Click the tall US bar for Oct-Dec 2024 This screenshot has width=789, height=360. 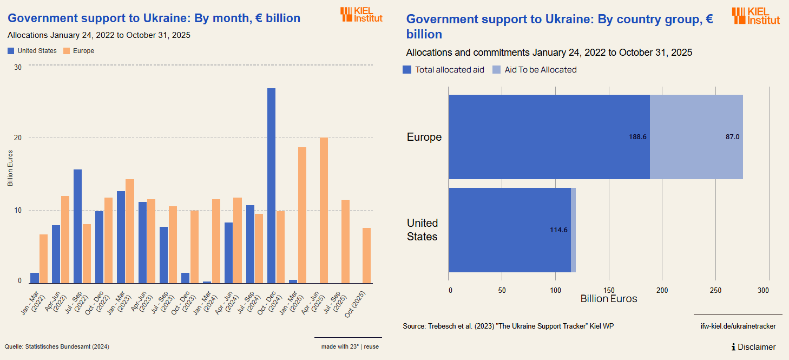pyautogui.click(x=271, y=185)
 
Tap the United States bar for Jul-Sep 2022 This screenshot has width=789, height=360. pyautogui.click(x=77, y=226)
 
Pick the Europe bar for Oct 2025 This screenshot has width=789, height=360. pyautogui.click(x=366, y=255)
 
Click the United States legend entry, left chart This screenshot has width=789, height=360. pyautogui.click(x=32, y=51)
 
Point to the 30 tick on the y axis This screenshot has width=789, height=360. pyautogui.click(x=18, y=67)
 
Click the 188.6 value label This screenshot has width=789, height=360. pyautogui.click(x=637, y=137)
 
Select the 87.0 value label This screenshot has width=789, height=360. pyautogui.click(x=732, y=137)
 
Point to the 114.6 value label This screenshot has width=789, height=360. pyautogui.click(x=558, y=230)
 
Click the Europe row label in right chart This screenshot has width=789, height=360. pyautogui.click(x=424, y=137)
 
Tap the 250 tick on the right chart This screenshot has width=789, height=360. pyautogui.click(x=715, y=291)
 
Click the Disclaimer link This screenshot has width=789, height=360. pyautogui.click(x=753, y=347)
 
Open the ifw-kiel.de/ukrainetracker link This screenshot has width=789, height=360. pyautogui.click(x=738, y=326)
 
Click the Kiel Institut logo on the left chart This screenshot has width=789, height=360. pyautogui.click(x=361, y=15)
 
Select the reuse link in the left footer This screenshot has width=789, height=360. pyautogui.click(x=371, y=346)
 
